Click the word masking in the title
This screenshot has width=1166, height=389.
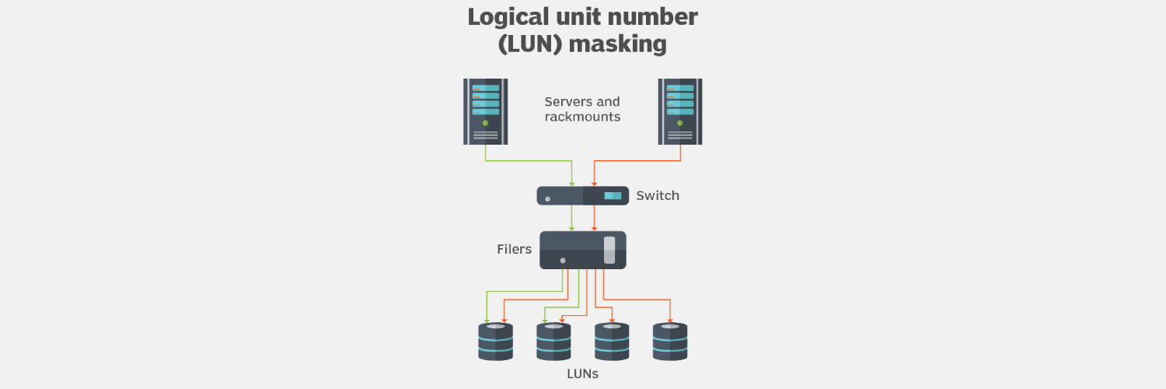click(617, 44)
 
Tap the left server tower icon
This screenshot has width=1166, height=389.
click(485, 111)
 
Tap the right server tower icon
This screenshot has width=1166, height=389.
click(680, 111)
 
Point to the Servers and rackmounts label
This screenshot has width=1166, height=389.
click(582, 109)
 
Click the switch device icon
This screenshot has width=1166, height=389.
click(582, 195)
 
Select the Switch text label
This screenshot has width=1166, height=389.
click(658, 195)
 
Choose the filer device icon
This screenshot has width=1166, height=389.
click(582, 250)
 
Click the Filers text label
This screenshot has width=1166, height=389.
click(514, 250)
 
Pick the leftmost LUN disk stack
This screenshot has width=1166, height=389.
click(495, 342)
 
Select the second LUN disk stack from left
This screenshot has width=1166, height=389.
click(553, 342)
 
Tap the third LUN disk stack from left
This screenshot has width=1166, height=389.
click(612, 342)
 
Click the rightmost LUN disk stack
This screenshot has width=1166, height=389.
click(670, 342)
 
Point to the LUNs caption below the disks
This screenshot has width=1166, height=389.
click(582, 374)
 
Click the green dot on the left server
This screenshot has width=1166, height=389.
click(485, 123)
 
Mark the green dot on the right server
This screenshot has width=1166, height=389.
click(680, 123)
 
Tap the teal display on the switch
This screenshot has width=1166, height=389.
click(613, 195)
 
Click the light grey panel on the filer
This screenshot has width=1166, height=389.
click(609, 250)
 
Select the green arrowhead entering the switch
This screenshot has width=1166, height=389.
click(572, 184)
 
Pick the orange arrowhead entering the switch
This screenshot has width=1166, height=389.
click(594, 184)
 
